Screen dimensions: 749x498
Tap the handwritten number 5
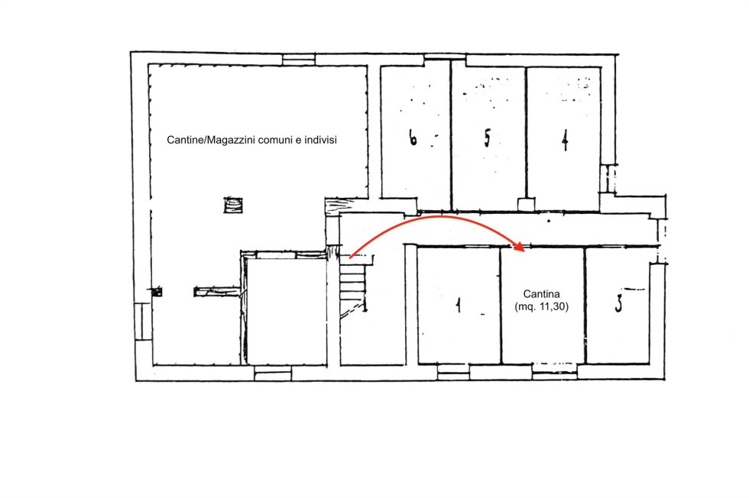click(487, 138)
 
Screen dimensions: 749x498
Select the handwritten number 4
click(565, 141)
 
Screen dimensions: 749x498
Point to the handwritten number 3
click(618, 303)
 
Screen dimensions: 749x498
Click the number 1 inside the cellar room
click(459, 305)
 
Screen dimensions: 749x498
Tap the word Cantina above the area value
click(541, 294)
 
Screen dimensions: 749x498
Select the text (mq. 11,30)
click(542, 306)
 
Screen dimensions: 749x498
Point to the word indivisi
click(320, 140)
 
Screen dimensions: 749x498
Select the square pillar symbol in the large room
click(233, 205)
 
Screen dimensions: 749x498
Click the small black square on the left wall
click(157, 291)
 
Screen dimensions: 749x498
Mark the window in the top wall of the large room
click(299, 60)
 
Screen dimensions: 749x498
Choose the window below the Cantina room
click(555, 371)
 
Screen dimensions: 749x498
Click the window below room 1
click(453, 372)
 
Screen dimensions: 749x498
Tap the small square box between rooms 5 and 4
click(526, 205)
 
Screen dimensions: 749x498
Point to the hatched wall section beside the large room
click(339, 206)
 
